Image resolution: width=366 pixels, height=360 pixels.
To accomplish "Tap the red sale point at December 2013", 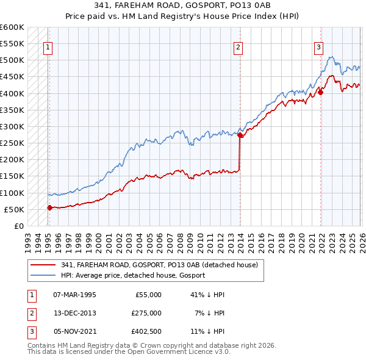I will pyautogui.click(x=240, y=135).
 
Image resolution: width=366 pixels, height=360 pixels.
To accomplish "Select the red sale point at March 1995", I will pyautogui.click(x=49, y=208).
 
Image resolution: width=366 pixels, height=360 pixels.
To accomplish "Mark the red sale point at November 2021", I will pyautogui.click(x=321, y=93).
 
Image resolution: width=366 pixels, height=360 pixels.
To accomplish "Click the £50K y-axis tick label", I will pyautogui.click(x=15, y=209).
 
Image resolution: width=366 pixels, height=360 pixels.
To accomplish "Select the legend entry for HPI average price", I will pyautogui.click(x=133, y=275).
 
